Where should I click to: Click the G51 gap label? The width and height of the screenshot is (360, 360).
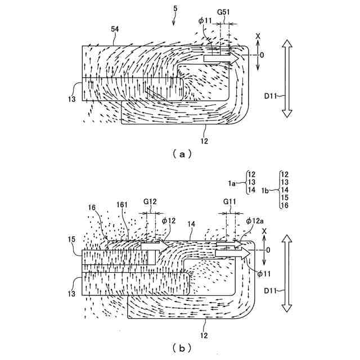pos(223,12)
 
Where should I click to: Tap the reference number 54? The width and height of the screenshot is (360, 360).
pos(115,29)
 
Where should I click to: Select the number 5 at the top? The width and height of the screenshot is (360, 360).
pos(175,9)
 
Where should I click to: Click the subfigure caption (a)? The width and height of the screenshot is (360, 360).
pos(182,154)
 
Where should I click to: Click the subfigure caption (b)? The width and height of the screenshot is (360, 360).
pos(182,349)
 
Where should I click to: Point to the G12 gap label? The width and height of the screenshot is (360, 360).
pos(150,201)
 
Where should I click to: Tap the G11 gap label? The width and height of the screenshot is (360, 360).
pos(229,202)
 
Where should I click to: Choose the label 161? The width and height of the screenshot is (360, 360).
pos(122,204)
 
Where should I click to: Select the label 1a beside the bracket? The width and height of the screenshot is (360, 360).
pos(232,183)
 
